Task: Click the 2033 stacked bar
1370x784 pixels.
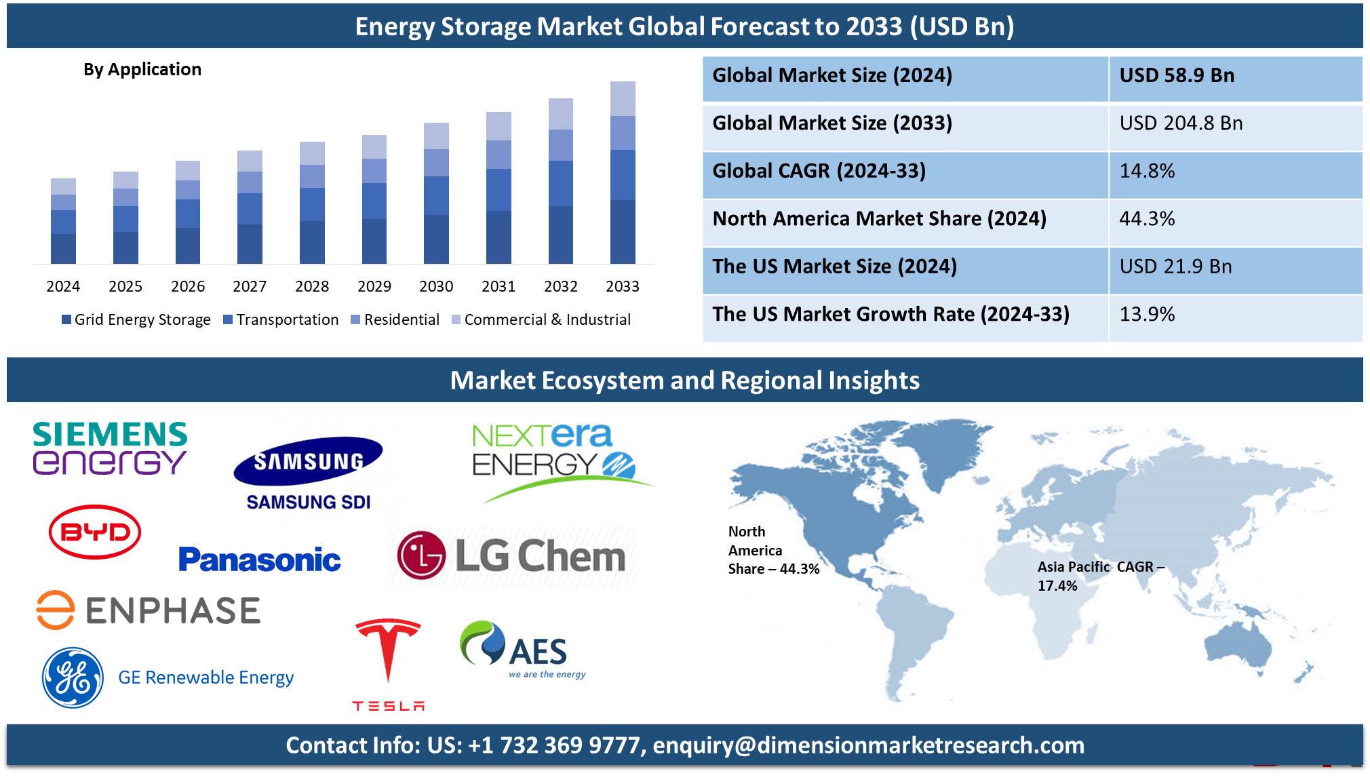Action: pyautogui.click(x=623, y=172)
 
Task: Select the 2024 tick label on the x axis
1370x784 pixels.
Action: pyautogui.click(x=63, y=286)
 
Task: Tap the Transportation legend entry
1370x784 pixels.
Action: pyautogui.click(x=281, y=319)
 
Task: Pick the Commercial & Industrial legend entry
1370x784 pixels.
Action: pyautogui.click(x=541, y=319)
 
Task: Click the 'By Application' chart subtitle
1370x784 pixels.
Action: pyautogui.click(x=142, y=69)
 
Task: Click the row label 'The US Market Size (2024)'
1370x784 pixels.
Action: pyautogui.click(x=834, y=267)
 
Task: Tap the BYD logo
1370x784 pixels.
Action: pyautogui.click(x=95, y=532)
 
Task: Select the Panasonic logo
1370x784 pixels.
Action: pyautogui.click(x=260, y=560)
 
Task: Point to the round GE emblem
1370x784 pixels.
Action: pyautogui.click(x=73, y=678)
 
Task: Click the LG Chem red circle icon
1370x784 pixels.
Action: pyautogui.click(x=421, y=555)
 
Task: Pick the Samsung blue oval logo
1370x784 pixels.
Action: pyautogui.click(x=308, y=461)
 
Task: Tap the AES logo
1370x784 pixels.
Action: pyautogui.click(x=522, y=650)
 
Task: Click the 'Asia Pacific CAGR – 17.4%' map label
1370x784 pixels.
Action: pyautogui.click(x=1101, y=576)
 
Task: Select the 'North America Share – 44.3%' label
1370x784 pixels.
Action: pyautogui.click(x=774, y=550)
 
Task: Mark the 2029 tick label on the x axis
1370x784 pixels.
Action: pyautogui.click(x=374, y=286)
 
